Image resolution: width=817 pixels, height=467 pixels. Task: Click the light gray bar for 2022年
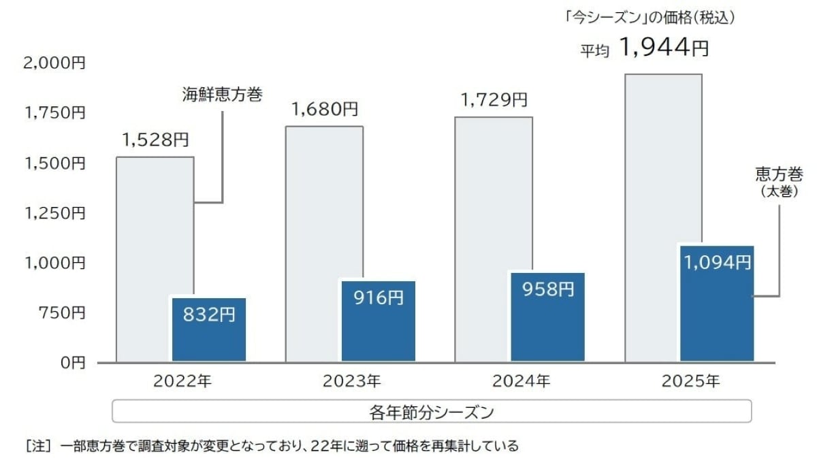pyautogui.click(x=144, y=259)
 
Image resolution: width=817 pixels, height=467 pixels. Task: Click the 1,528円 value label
pyautogui.click(x=155, y=140)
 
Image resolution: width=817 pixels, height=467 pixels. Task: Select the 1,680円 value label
pyautogui.click(x=325, y=109)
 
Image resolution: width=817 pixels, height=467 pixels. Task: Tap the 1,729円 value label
pyautogui.click(x=494, y=100)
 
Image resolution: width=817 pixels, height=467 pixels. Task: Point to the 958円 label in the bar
pyautogui.click(x=548, y=289)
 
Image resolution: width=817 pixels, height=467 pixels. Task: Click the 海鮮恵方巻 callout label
pyautogui.click(x=222, y=95)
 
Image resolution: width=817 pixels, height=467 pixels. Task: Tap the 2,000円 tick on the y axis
pyautogui.click(x=54, y=63)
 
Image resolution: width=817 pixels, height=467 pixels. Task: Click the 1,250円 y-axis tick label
pyautogui.click(x=54, y=213)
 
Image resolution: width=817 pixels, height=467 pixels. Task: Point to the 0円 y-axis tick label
pyautogui.click(x=71, y=363)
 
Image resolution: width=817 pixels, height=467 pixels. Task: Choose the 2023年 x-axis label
pyautogui.click(x=351, y=381)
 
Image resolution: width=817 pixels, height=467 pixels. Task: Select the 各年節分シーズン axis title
pyautogui.click(x=431, y=412)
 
